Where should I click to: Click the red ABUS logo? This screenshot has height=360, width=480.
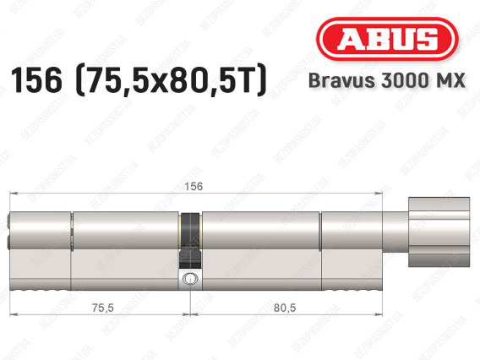pyautogui.click(x=387, y=39)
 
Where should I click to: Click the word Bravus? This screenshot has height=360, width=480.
pyautogui.click(x=341, y=80)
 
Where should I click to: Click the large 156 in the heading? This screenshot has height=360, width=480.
pyautogui.click(x=36, y=80)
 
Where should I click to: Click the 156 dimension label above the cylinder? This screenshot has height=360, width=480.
pyautogui.click(x=194, y=186)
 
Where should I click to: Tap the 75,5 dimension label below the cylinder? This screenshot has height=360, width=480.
pyautogui.click(x=103, y=308)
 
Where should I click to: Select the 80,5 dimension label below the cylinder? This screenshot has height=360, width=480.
pyautogui.click(x=285, y=308)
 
